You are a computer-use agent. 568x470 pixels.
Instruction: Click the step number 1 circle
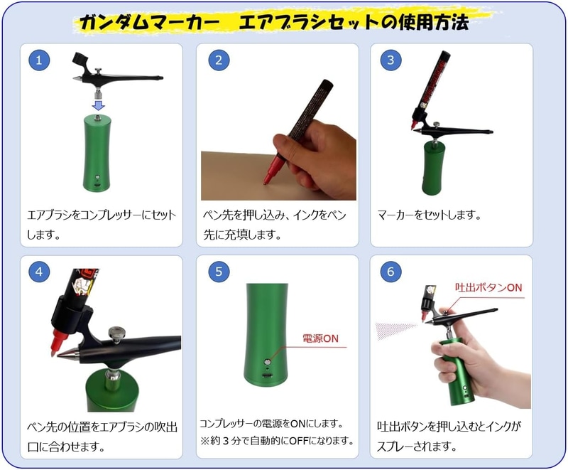(x=39, y=60)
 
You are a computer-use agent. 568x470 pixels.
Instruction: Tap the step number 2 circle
(x=219, y=60)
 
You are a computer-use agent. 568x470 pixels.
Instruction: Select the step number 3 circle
(x=390, y=60)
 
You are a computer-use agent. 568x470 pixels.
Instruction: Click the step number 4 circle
(x=39, y=272)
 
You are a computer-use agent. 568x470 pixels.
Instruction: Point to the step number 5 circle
(x=219, y=272)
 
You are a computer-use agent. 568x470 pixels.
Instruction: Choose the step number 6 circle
(x=390, y=272)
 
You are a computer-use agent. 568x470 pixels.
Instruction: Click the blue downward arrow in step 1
(x=98, y=105)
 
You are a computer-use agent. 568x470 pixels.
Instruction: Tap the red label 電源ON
(x=321, y=338)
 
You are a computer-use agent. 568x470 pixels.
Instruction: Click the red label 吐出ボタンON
(x=488, y=287)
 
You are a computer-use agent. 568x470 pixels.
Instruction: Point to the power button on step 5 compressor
(x=268, y=362)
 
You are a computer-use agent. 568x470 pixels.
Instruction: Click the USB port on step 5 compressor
(x=268, y=375)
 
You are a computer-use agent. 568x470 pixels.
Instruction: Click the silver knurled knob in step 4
(x=117, y=333)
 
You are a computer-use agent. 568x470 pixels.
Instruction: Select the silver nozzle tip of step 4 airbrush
(x=67, y=354)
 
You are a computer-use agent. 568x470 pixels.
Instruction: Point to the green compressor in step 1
(x=97, y=154)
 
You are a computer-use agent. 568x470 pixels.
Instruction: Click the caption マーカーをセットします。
(x=430, y=215)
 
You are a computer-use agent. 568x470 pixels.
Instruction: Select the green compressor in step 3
(x=432, y=168)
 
